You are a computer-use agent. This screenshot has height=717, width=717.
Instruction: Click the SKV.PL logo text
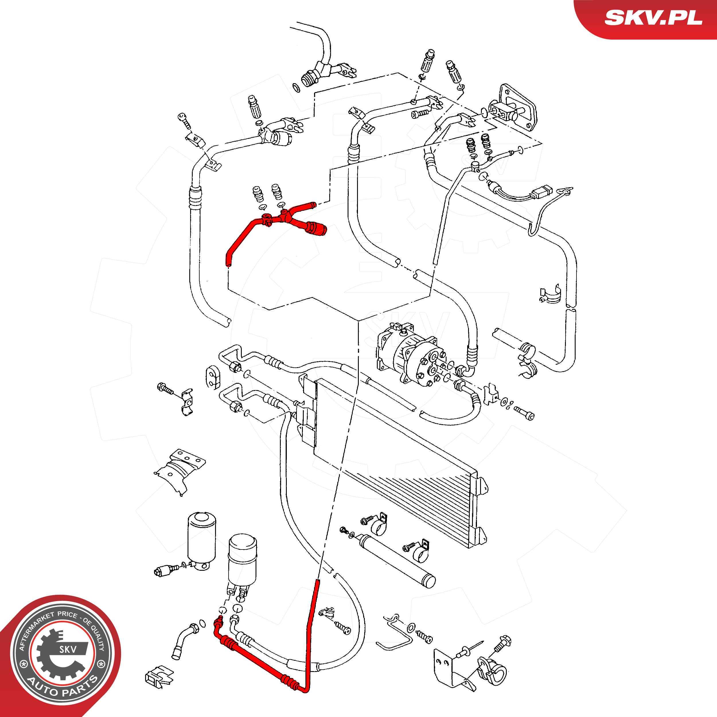click(x=653, y=18)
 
